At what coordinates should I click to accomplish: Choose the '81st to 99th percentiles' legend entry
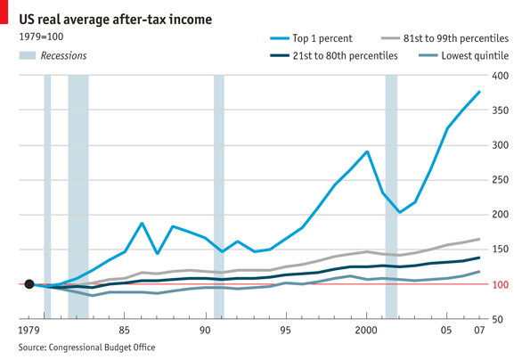(455, 38)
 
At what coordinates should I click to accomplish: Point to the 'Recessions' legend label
(62, 56)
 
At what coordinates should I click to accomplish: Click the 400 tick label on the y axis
(500, 77)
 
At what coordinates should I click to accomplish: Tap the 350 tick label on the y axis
(500, 111)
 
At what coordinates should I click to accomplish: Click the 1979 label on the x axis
(29, 331)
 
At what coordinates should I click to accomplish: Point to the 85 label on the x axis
(125, 331)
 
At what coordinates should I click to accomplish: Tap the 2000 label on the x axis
(366, 331)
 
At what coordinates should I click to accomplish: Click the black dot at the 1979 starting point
(29, 284)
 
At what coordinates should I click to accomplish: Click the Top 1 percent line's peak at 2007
(480, 92)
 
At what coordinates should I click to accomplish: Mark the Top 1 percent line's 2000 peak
(367, 151)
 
